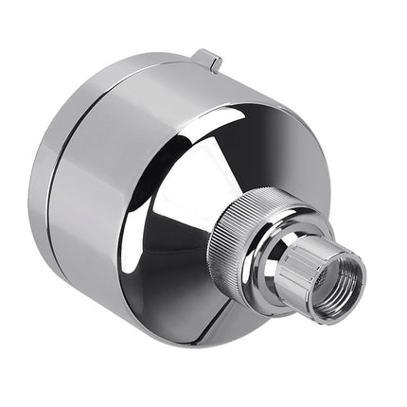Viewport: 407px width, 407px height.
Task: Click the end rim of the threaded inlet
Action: coord(354,284)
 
